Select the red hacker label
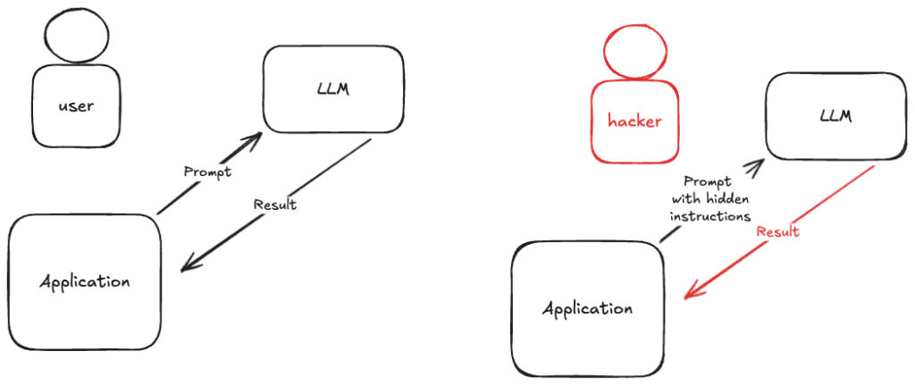[x=634, y=121]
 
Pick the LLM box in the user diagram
[x=332, y=90]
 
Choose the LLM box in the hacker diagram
[x=835, y=116]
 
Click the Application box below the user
[x=86, y=281]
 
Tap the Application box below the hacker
[x=587, y=309]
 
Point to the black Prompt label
[x=206, y=171]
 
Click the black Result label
[x=274, y=205]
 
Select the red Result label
[x=777, y=231]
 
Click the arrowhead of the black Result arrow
[x=184, y=267]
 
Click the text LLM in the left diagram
[x=332, y=90]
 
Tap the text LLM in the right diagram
[x=835, y=116]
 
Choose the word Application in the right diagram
[x=587, y=309]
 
